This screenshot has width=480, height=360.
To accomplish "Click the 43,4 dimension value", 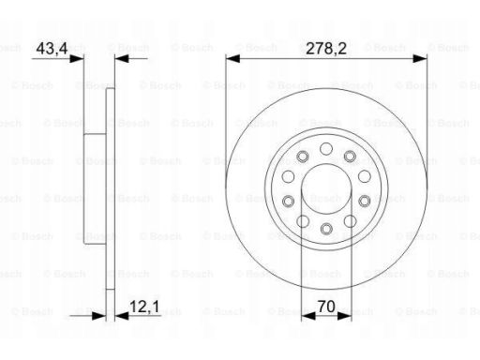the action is pos(52,49).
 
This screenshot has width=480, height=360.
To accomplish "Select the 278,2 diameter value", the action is pos(326,49).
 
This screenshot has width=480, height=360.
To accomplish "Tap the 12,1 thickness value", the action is pos(144,307).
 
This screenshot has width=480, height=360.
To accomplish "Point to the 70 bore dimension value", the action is pos(326,307).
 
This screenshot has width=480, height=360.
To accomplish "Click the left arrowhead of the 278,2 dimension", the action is pos(232,58).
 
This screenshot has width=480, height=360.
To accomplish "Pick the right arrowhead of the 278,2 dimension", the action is pos(420,58).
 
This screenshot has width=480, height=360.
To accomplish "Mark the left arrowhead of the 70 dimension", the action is pos(308,316).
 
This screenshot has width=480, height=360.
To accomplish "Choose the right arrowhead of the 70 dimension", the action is pos(345,316).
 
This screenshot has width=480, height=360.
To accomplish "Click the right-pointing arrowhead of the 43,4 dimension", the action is pos(77,58).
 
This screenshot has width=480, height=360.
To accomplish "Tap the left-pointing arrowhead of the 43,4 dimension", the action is pos(122,58).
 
